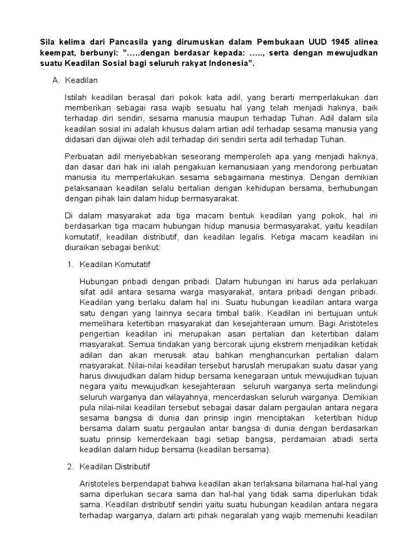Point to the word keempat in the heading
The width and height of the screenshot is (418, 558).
59,53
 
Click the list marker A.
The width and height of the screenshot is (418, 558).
55,81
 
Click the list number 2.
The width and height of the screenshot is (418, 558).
70,467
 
